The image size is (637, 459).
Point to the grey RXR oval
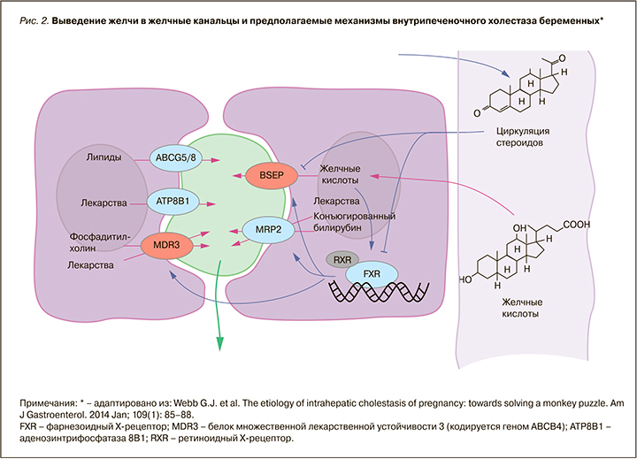(x=341, y=260)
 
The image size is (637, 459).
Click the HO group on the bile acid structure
(x=466, y=280)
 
